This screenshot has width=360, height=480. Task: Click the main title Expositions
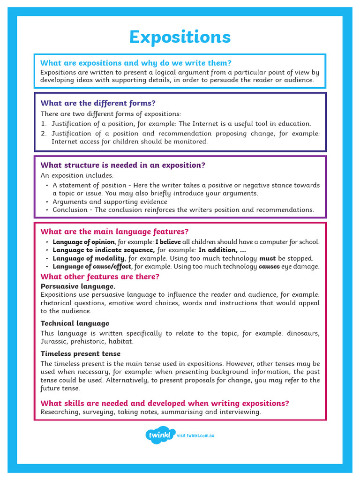[x=180, y=37]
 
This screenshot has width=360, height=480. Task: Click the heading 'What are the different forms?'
[x=98, y=103]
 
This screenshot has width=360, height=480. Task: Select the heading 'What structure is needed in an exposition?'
[x=123, y=165]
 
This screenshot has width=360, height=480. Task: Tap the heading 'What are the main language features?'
[x=114, y=232]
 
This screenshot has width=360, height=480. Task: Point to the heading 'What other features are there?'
[x=100, y=277]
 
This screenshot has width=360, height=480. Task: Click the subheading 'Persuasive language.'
[x=78, y=286]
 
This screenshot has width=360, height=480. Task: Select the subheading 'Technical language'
[x=75, y=323]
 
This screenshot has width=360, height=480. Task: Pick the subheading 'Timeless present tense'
[x=80, y=353]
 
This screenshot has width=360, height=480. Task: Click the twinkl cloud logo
[x=160, y=435]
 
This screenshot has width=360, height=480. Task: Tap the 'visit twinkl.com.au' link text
[x=195, y=436]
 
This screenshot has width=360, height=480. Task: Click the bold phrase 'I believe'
[x=168, y=242]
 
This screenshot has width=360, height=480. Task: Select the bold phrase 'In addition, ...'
[x=222, y=250]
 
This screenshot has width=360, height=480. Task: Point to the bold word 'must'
[x=267, y=258]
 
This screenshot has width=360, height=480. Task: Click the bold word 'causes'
[x=269, y=266]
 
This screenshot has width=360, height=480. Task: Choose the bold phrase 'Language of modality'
[x=89, y=258]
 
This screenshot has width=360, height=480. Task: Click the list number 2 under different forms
[x=43, y=134]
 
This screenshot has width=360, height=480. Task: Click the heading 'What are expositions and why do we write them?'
[x=136, y=63]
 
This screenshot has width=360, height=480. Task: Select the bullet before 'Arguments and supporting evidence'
[x=47, y=202]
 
